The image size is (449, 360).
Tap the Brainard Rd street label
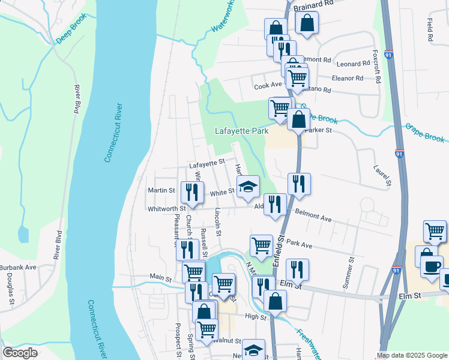[x=313, y=3]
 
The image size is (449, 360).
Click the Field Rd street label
[x=430, y=30]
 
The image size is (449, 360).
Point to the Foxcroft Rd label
[x=377, y=67]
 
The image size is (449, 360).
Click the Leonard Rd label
[x=353, y=64]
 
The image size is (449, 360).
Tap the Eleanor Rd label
[x=348, y=78]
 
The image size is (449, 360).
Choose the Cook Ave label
[x=268, y=86]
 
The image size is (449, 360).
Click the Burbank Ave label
[x=18, y=267]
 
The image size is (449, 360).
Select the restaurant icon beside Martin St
[x=193, y=192]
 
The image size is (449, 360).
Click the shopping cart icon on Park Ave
[x=261, y=245]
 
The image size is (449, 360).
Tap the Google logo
[x=20, y=353]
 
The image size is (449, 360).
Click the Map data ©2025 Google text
[x=412, y=355]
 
